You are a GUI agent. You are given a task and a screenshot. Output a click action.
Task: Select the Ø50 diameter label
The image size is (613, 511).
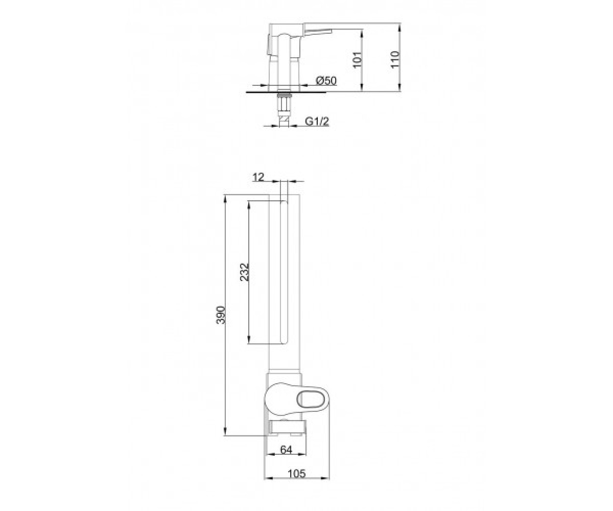(326, 80)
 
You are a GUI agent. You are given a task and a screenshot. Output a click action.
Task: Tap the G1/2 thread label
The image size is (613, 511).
(317, 121)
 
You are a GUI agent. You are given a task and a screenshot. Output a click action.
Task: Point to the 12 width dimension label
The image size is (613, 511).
(258, 177)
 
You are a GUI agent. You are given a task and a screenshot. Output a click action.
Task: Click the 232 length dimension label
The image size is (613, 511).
(244, 272)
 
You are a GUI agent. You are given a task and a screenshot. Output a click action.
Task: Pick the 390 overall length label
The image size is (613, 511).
(221, 315)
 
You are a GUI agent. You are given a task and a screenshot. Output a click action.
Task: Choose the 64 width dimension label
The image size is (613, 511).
(286, 450)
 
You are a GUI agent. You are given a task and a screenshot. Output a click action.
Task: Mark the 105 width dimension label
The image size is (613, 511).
(296, 474)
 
